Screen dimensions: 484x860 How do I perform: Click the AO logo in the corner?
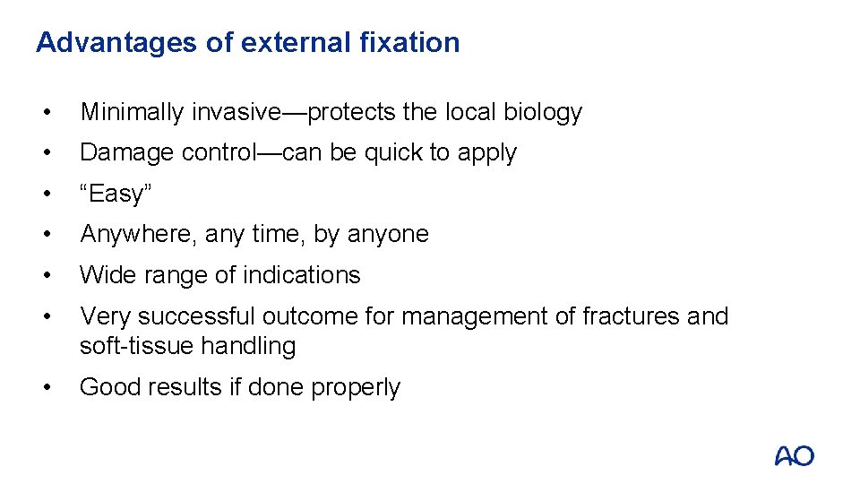click(x=794, y=456)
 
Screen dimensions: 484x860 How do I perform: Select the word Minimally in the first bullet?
click(x=133, y=112)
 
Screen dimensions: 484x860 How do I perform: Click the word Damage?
click(x=126, y=152)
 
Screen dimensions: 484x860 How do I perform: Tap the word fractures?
click(x=634, y=316)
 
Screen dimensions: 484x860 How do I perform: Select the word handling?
click(x=248, y=346)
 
